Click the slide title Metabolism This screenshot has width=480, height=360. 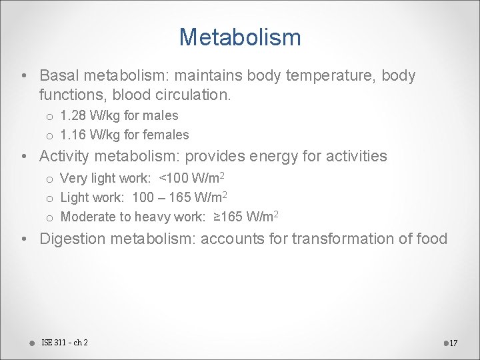(240, 37)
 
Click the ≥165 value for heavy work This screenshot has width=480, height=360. (227, 217)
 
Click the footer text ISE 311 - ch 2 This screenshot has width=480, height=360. (65, 343)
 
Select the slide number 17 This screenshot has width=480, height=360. (453, 343)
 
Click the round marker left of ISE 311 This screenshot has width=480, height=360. (32, 343)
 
